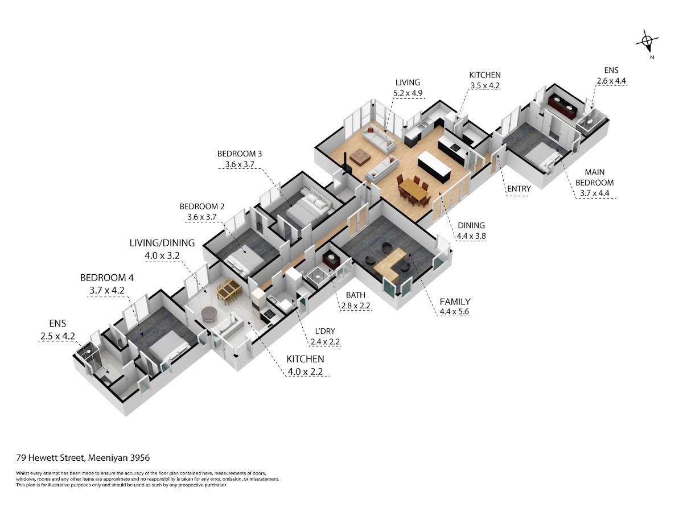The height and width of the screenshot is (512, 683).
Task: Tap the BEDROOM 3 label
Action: point(239,154)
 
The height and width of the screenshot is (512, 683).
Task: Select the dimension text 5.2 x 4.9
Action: point(408,93)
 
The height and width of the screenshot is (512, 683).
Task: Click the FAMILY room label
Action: point(455,302)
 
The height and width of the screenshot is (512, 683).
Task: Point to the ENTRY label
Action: point(519,189)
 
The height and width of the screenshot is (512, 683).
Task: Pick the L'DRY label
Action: point(324,331)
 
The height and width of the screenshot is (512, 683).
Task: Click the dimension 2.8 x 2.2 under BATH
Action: point(356,305)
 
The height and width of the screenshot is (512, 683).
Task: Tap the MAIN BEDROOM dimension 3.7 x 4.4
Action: point(594,193)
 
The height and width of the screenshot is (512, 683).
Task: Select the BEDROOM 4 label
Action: point(107,278)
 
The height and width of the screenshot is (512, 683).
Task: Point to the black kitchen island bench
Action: point(434,166)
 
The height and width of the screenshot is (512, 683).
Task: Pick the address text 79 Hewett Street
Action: point(50,458)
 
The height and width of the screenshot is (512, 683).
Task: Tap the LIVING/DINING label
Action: point(162,243)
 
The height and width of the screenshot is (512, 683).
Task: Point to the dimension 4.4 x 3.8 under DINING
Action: point(471,236)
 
